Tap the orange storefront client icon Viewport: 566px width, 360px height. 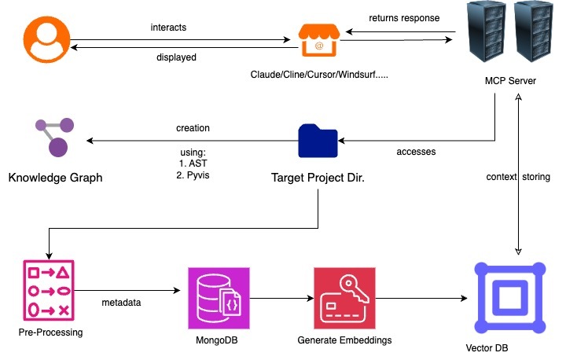pos(318,42)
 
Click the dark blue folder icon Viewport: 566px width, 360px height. pos(318,141)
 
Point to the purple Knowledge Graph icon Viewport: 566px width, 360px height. pos(54,138)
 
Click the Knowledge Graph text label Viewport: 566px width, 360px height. pos(56,178)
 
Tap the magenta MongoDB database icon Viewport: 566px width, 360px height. pos(218,298)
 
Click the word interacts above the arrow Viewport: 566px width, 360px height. pos(167,28)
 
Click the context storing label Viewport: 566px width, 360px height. pos(518,178)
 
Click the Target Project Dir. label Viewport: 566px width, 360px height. pos(317,178)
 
